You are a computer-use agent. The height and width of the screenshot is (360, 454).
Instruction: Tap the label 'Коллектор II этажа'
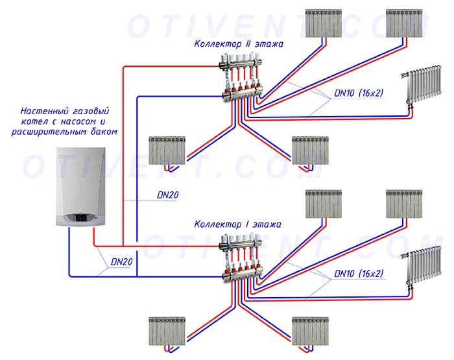pos(238,44)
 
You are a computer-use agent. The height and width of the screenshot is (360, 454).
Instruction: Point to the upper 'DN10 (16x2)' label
pos(359,93)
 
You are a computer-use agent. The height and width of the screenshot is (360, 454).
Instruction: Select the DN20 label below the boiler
pos(122,262)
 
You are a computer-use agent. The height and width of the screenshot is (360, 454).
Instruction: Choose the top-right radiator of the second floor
pos(405,23)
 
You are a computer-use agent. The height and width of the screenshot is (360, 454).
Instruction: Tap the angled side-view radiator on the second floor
pos(424,84)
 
